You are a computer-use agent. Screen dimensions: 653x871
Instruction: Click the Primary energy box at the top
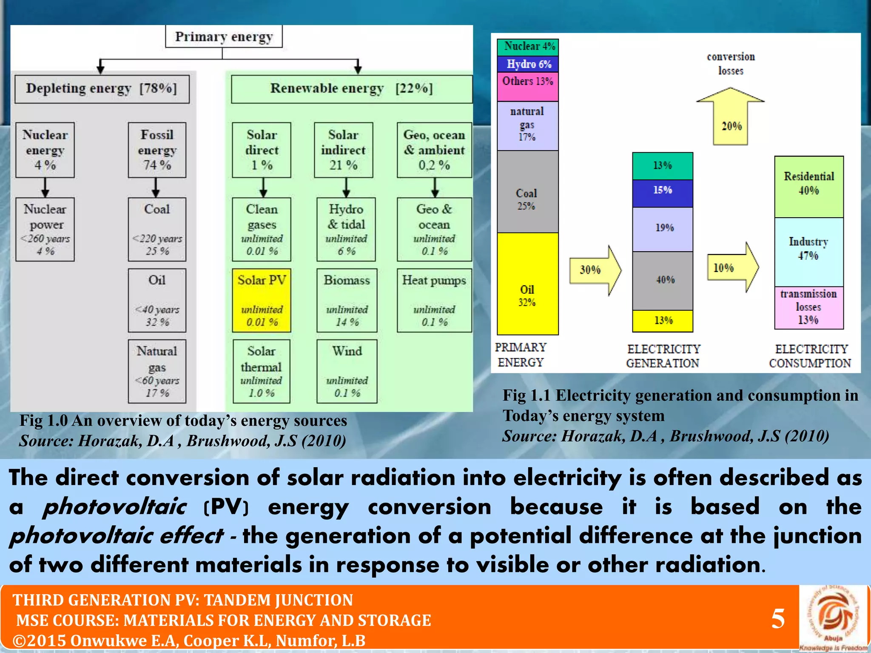pos(224,37)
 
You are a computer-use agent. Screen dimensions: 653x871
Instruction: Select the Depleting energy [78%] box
pos(102,89)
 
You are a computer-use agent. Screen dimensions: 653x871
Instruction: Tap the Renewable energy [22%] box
pos(351,89)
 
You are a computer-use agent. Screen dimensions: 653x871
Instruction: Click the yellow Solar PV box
pos(262,300)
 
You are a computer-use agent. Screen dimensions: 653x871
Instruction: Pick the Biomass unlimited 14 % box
pos(347,300)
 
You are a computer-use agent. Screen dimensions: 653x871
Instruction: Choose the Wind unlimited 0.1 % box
pos(347,371)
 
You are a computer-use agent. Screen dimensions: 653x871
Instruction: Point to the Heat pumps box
pos(434,300)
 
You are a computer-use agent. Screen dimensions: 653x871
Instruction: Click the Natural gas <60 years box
pos(157,371)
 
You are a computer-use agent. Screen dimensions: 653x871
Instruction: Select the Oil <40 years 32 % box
pos(157,300)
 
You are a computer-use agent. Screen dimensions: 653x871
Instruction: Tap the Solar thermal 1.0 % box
pos(261,371)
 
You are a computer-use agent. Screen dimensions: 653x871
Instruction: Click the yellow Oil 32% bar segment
pos(527,284)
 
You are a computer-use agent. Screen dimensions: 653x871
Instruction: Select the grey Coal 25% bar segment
pos(527,192)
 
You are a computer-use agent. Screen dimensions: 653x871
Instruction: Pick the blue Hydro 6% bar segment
pos(528,64)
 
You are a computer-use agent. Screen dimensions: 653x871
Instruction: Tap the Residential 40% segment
pos(808,187)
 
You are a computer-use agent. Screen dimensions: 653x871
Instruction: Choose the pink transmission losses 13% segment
pos(808,307)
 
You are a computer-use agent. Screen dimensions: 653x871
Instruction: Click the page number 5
pos(778,619)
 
